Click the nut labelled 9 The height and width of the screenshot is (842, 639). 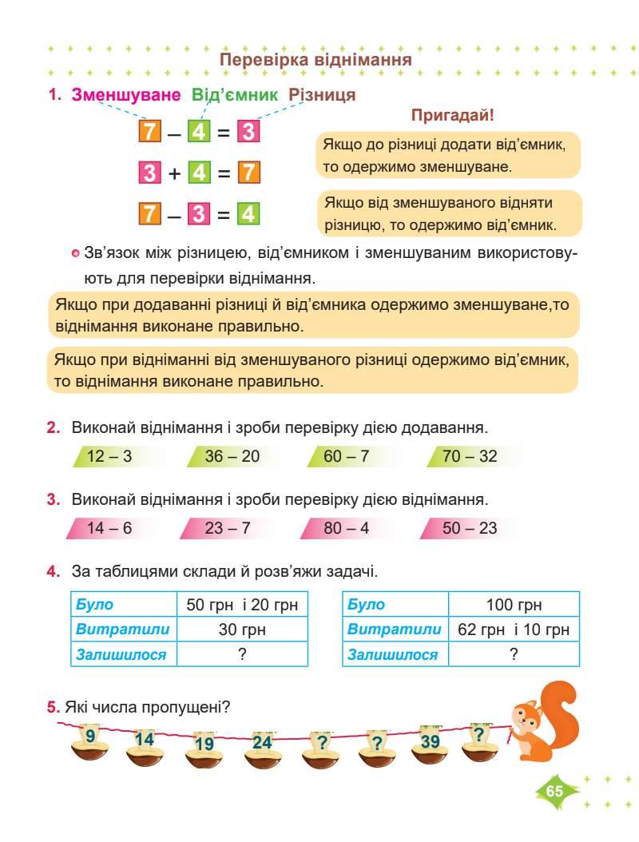coord(90,744)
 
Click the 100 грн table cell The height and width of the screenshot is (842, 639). coord(514,605)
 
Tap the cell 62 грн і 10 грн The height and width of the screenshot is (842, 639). coord(514,630)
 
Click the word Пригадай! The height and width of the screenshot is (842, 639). coord(453,115)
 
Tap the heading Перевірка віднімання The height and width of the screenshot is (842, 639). coord(316,60)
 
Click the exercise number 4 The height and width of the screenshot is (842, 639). coord(54,572)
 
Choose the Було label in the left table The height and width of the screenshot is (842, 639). coord(94,605)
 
